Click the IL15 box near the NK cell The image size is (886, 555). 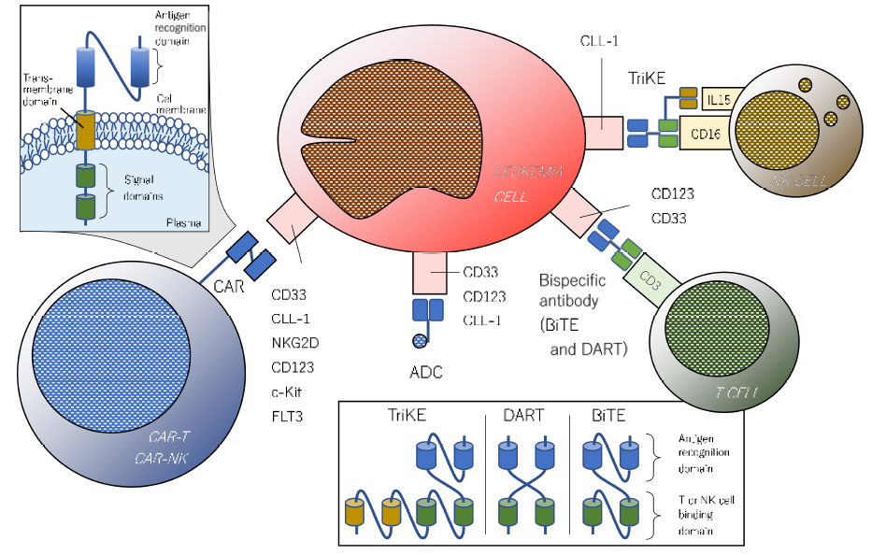717,98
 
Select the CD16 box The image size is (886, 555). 706,134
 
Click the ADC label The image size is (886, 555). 424,373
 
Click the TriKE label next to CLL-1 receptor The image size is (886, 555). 647,80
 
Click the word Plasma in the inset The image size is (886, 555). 183,222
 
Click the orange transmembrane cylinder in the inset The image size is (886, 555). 85,130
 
